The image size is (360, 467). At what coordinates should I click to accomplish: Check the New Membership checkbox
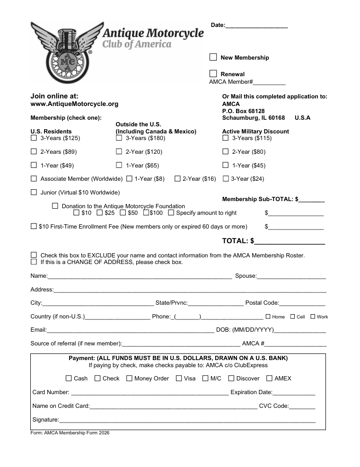[213, 57]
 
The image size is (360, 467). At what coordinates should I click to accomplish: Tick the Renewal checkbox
[213, 74]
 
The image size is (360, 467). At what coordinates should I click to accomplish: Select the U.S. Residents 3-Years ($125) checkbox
[34, 138]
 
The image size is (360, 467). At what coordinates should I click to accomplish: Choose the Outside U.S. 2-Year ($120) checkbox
[119, 152]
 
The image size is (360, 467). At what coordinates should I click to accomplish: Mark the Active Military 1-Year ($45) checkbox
[225, 166]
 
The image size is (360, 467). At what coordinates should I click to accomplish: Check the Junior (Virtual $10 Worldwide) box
[34, 193]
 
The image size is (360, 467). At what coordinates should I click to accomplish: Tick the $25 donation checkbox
[99, 213]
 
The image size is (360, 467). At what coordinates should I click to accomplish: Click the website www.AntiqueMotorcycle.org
[74, 104]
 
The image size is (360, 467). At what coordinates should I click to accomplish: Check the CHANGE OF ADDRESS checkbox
[34, 262]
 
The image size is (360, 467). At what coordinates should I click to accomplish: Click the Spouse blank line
[291, 277]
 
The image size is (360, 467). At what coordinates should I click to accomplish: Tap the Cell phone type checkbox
[292, 317]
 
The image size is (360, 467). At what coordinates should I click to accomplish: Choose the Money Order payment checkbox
[129, 379]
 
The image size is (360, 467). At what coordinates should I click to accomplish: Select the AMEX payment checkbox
[269, 379]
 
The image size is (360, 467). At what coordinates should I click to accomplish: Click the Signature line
[187, 420]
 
